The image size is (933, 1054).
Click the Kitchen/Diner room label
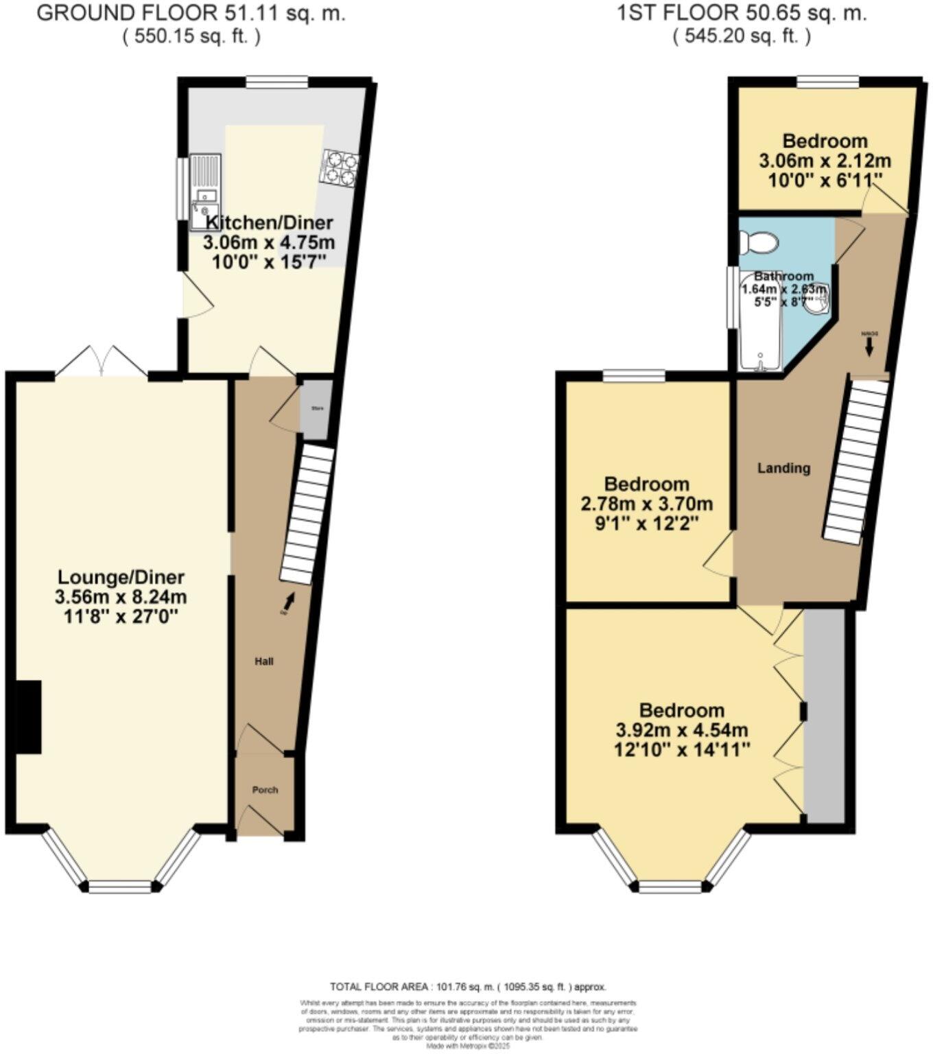(269, 222)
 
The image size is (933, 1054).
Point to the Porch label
(265, 790)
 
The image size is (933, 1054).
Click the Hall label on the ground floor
(264, 661)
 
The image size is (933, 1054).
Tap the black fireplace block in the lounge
(29, 717)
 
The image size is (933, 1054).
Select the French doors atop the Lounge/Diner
(102, 362)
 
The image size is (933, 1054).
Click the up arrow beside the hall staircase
(290, 600)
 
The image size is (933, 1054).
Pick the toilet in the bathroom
(759, 243)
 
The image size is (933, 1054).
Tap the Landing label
(783, 468)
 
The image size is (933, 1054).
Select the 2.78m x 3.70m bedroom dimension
(646, 504)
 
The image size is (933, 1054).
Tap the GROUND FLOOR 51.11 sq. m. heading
(191, 14)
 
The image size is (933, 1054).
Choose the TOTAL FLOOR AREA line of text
(468, 987)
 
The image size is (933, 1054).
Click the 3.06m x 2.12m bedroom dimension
(825, 161)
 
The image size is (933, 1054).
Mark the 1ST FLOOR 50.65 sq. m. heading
(742, 14)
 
